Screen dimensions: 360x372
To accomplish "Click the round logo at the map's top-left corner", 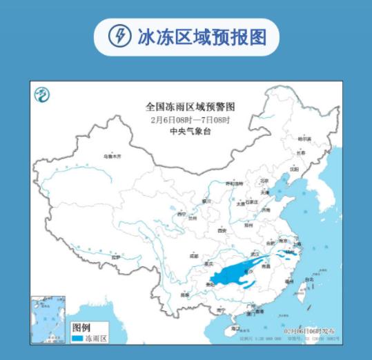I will point(43,94).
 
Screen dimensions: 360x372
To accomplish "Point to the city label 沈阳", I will point(295,168).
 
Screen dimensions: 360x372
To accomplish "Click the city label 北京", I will point(263,181).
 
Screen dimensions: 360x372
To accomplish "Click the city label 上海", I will point(297,243).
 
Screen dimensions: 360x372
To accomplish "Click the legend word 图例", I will point(81,326).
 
